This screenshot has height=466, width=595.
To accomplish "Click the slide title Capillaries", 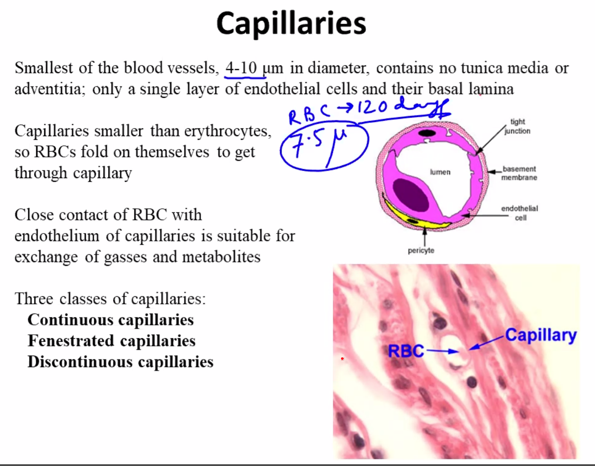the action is (x=291, y=23).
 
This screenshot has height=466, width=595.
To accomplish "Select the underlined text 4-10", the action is (x=241, y=68).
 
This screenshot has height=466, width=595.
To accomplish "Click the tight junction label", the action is (x=517, y=126).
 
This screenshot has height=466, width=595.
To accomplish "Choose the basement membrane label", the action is (x=519, y=173).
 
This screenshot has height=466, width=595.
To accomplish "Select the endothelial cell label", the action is (x=519, y=213).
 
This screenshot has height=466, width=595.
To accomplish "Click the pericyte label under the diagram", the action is (x=421, y=251).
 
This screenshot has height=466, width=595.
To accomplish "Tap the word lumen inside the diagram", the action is (x=440, y=172).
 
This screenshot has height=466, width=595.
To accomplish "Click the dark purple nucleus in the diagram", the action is (x=411, y=195).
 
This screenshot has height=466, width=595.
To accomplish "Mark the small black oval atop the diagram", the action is (x=427, y=133).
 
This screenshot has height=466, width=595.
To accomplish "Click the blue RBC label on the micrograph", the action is (x=406, y=351).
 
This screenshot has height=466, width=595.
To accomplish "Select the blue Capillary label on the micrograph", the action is (x=541, y=336).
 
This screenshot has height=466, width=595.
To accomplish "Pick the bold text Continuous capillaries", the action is (x=111, y=320).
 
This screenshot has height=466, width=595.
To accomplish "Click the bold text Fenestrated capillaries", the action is (x=111, y=340).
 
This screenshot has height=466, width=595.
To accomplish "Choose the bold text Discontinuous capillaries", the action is (x=121, y=362).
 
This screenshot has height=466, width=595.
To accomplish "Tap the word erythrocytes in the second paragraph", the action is (x=228, y=131).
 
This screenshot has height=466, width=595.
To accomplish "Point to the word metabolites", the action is (x=221, y=257).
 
